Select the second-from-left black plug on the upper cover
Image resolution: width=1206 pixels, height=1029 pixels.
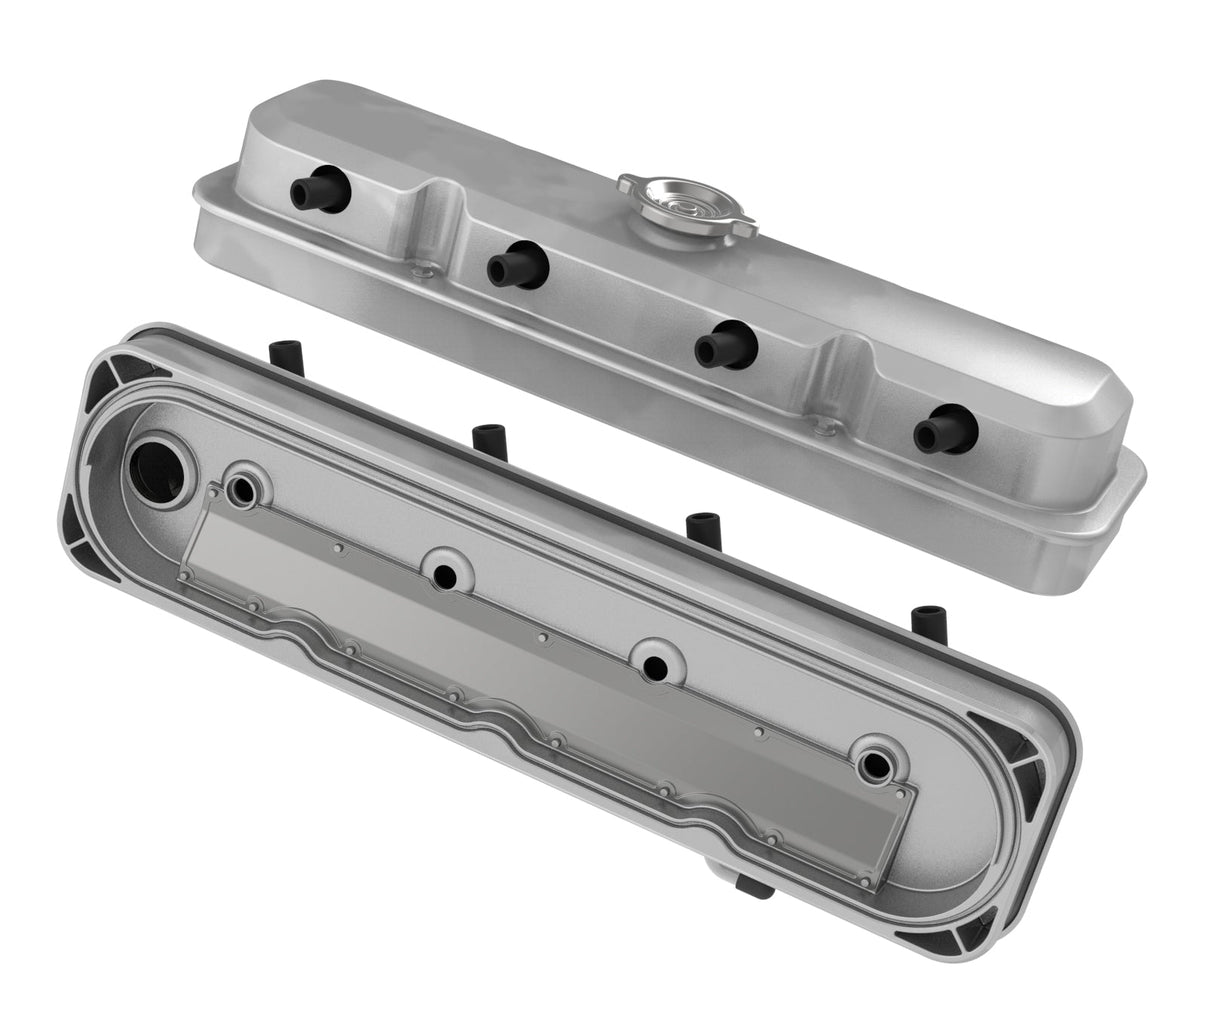tap(514, 265)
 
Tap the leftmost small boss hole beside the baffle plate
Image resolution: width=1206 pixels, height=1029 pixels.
tap(243, 488)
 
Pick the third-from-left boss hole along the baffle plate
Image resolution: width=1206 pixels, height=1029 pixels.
tap(655, 661)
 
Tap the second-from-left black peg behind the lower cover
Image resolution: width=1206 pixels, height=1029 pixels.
tap(487, 437)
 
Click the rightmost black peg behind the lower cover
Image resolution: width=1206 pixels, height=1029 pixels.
tap(923, 618)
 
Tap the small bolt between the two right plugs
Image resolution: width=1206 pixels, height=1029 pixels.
tap(823, 430)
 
